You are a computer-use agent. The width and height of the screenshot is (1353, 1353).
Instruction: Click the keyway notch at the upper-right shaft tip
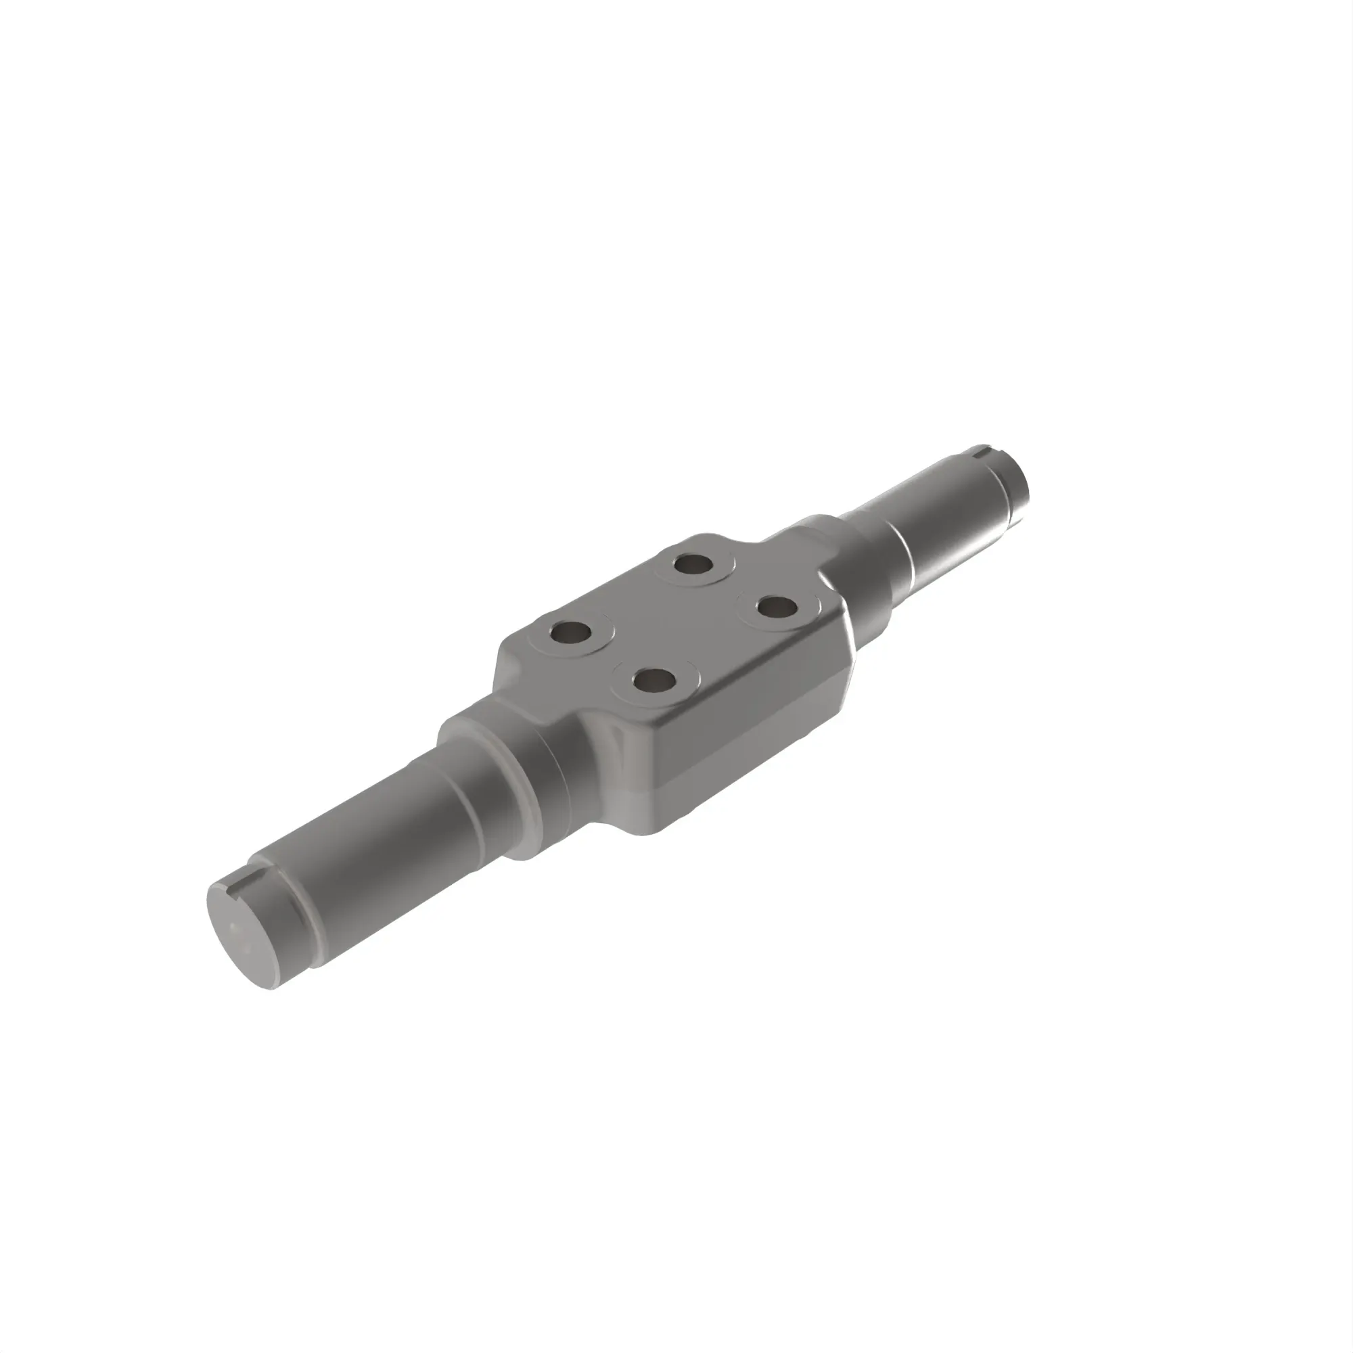[x=984, y=449]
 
